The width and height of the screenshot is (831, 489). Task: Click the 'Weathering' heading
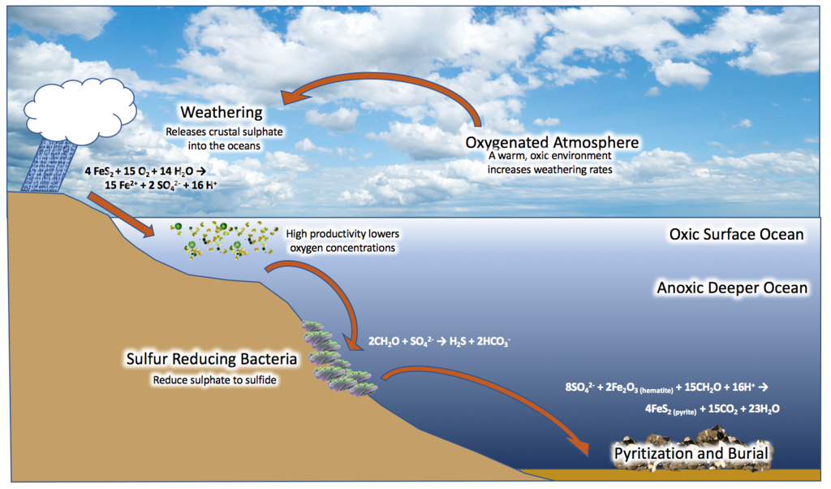(x=221, y=112)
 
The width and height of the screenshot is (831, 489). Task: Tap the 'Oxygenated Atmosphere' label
(x=552, y=142)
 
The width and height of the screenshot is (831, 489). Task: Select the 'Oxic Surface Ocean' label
(x=736, y=235)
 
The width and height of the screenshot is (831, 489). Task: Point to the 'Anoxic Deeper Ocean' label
(x=732, y=288)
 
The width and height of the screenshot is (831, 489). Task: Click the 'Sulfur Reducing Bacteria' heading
(x=212, y=359)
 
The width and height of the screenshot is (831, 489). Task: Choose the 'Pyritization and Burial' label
(x=691, y=453)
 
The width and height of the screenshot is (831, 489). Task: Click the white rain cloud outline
(x=80, y=112)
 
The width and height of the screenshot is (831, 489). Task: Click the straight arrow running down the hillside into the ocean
(x=121, y=214)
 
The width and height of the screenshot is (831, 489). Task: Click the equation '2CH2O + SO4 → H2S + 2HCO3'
(x=439, y=341)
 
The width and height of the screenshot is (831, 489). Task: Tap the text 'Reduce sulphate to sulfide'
(x=214, y=380)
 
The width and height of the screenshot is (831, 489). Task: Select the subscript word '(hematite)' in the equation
(x=656, y=391)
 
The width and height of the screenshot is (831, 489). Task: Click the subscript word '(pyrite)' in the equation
(x=685, y=412)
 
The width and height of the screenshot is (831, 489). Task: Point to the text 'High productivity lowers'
(x=342, y=234)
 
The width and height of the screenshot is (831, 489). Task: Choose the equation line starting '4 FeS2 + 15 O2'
(x=145, y=171)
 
